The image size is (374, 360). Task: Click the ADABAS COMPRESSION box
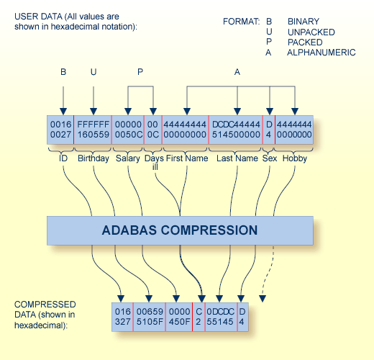click(180, 230)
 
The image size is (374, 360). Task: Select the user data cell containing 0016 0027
click(60, 130)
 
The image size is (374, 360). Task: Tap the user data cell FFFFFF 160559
click(93, 130)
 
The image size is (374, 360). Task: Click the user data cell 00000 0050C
click(129, 130)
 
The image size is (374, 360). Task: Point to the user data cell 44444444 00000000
click(185, 130)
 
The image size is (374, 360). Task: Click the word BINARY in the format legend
click(303, 22)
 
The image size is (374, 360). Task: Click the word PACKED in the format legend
click(304, 42)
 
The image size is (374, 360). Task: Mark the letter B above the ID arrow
click(63, 72)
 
